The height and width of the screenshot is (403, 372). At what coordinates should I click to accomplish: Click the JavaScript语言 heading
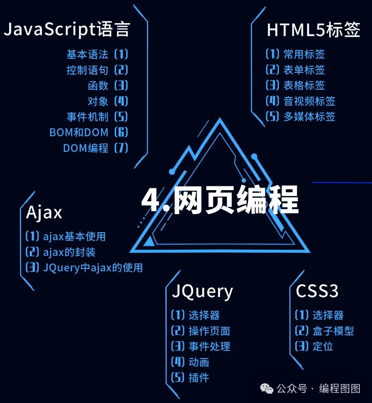(x=67, y=30)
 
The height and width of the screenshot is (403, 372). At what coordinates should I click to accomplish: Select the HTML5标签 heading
(x=314, y=30)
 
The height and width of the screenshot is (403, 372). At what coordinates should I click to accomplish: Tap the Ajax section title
(x=44, y=212)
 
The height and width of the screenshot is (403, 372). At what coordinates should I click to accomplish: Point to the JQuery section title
(x=202, y=291)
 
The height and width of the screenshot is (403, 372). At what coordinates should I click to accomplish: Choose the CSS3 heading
(x=317, y=291)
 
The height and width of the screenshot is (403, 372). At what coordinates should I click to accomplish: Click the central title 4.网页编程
(x=220, y=201)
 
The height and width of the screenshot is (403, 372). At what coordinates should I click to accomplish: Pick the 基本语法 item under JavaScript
(x=88, y=54)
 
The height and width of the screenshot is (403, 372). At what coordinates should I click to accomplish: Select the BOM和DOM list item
(x=79, y=133)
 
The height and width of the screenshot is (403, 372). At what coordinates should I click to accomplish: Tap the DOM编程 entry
(x=86, y=148)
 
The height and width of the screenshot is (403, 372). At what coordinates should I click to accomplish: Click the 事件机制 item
(x=88, y=117)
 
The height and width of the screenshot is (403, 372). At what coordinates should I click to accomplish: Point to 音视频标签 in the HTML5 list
(x=309, y=101)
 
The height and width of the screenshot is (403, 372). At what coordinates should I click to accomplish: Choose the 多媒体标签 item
(x=309, y=117)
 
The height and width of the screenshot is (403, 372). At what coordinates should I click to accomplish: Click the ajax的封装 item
(x=69, y=252)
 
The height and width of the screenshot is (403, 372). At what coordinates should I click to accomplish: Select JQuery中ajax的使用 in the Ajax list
(x=93, y=268)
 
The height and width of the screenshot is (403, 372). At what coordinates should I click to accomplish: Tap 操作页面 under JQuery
(x=209, y=331)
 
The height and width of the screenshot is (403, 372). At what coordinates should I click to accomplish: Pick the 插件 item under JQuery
(x=199, y=377)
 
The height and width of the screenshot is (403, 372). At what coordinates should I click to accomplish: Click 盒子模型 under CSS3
(x=333, y=331)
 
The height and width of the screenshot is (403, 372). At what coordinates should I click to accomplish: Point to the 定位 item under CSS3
(x=323, y=347)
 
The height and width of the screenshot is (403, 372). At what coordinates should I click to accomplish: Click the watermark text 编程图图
(x=340, y=389)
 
